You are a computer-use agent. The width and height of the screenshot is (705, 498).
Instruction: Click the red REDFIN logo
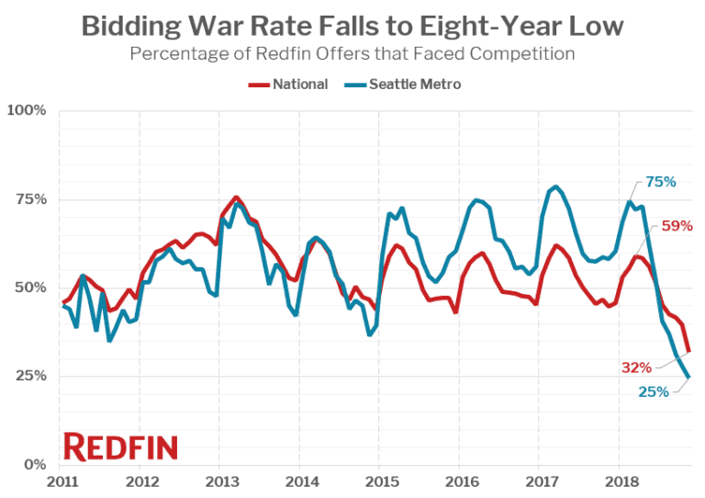tap(120, 447)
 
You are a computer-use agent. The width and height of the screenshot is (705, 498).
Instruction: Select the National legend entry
tap(289, 84)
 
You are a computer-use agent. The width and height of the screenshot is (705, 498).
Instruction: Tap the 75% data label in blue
tap(659, 182)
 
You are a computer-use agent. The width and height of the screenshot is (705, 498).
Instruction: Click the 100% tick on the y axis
tap(27, 111)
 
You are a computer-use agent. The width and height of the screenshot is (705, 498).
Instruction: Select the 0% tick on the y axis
tap(34, 465)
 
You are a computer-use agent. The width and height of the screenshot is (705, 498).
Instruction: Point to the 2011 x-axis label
tap(62, 481)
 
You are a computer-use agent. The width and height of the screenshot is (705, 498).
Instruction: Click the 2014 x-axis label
tap(301, 481)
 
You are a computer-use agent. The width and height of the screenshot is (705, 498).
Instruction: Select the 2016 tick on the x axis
tap(462, 481)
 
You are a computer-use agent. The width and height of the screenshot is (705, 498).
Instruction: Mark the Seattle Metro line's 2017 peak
tap(556, 187)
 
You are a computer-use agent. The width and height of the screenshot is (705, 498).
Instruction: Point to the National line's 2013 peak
tap(236, 198)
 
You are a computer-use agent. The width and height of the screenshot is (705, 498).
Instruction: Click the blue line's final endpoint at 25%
tap(688, 376)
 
